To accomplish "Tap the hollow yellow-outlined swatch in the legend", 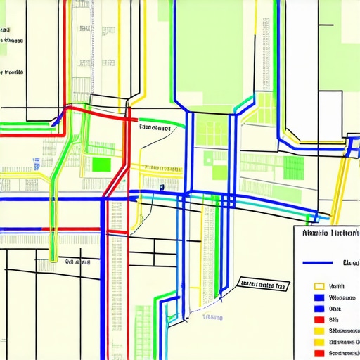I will (319, 287).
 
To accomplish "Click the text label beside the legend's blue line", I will (350, 262).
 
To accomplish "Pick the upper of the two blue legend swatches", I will (319, 297).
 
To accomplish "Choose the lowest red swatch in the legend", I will (319, 353).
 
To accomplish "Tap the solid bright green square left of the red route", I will (102, 165).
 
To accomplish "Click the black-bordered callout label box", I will (263, 285).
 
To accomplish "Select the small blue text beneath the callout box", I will (213, 316).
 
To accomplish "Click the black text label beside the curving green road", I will (155, 129).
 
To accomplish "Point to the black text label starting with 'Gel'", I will (78, 261).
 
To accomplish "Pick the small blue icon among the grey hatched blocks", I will (35, 163).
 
